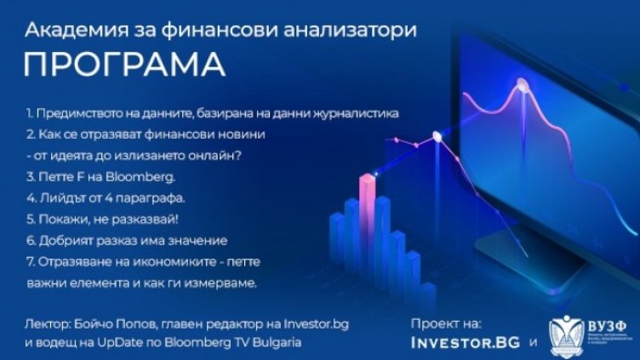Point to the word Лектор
pyautogui.click(x=48, y=325)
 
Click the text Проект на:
pyautogui.click(x=445, y=324)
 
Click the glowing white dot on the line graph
pyautogui.click(x=437, y=134)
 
